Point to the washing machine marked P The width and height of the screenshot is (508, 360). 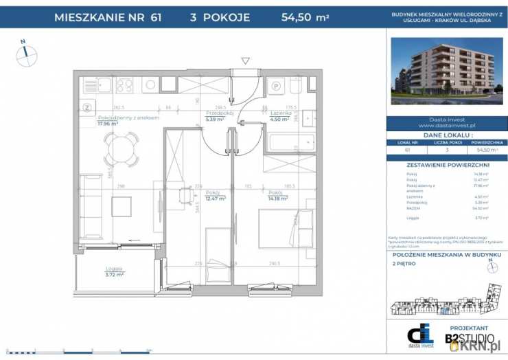[277, 87]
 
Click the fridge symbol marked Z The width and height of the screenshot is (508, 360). [87, 106]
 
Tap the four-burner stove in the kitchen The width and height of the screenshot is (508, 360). [124, 85]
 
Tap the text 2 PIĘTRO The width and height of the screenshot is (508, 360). [404, 263]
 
